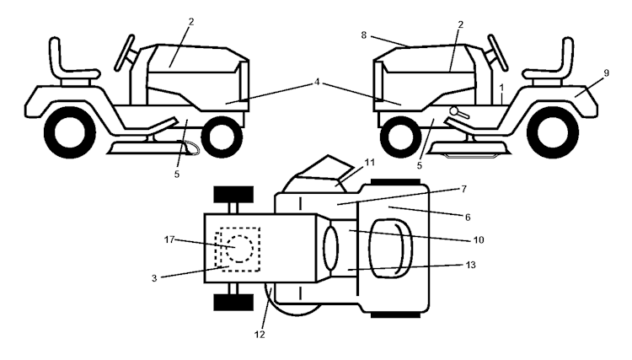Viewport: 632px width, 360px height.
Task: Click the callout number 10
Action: coord(477,240)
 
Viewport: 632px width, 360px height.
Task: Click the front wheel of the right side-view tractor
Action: coord(399,135)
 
